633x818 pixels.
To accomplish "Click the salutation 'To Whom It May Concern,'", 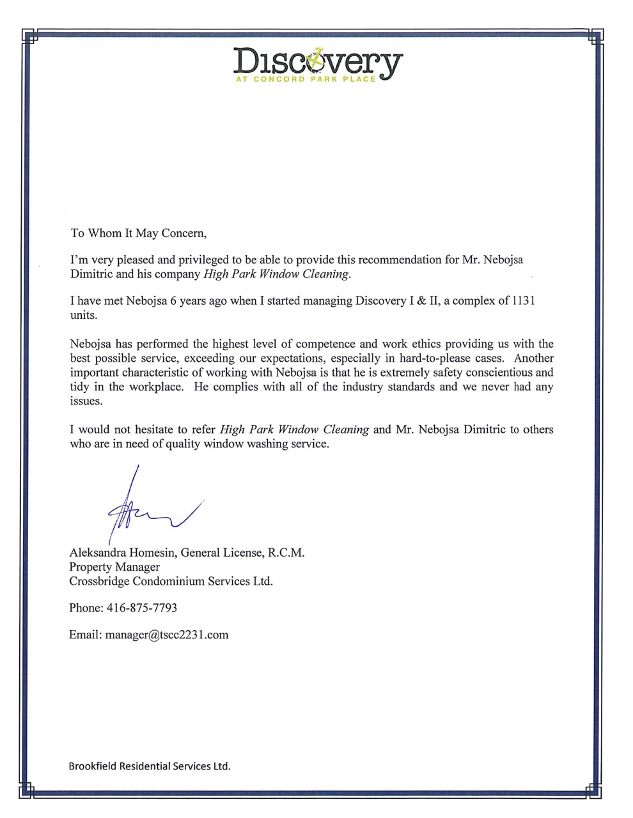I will (138, 233).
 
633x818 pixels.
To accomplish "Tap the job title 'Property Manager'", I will (114, 567).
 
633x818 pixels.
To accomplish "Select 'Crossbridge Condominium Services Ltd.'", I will (171, 582).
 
